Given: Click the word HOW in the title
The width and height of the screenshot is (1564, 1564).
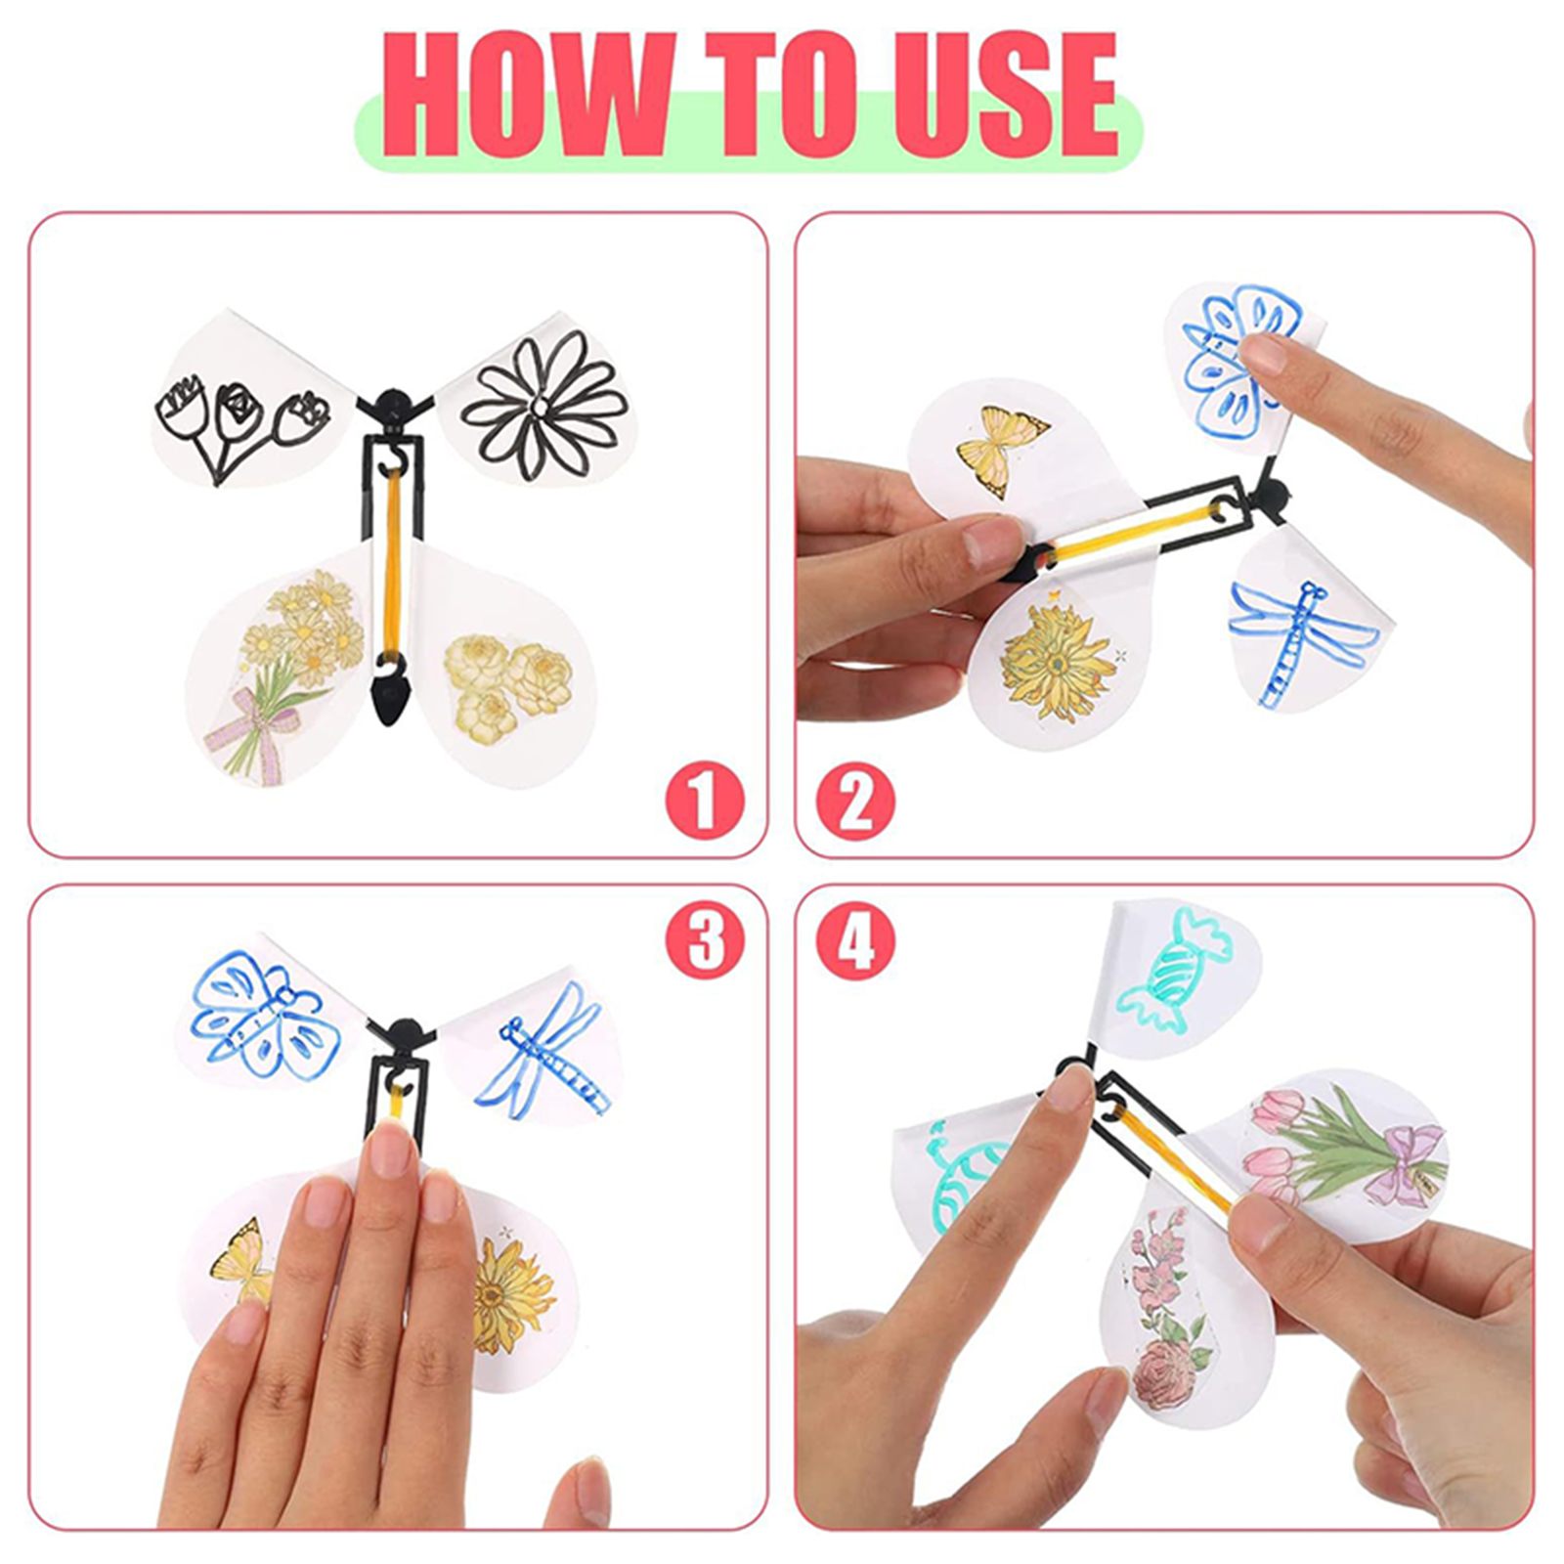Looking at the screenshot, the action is point(528,95).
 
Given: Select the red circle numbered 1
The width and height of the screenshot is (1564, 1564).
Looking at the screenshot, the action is point(705,801).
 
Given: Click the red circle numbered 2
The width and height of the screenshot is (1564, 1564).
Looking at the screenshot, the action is point(855,801).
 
